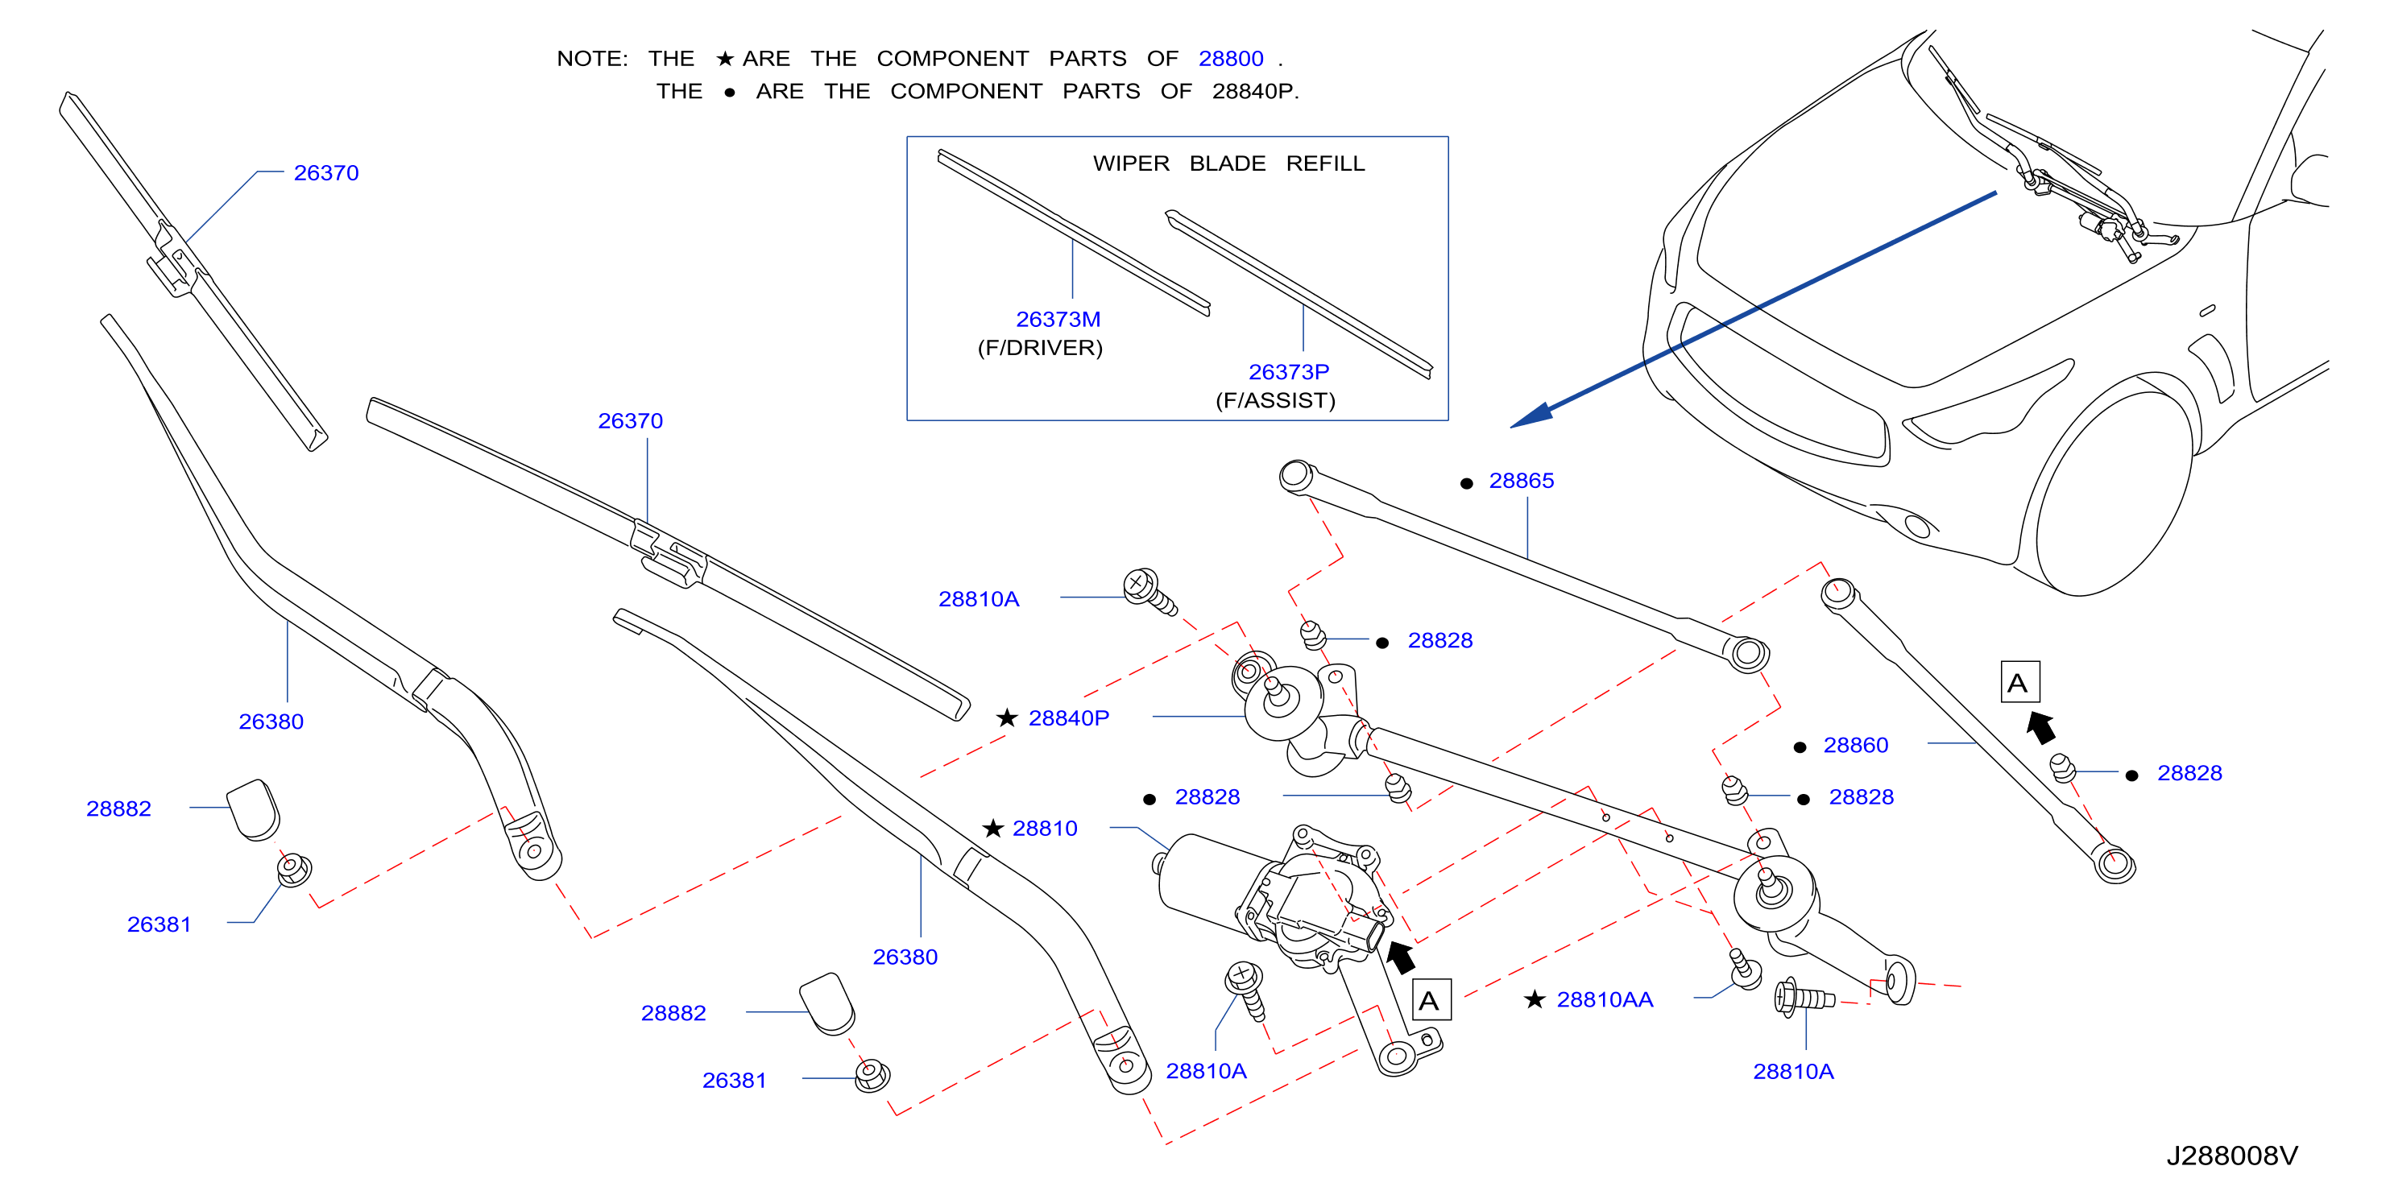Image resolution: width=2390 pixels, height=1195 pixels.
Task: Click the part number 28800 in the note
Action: [1230, 59]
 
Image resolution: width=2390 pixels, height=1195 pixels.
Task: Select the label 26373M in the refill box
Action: [1058, 319]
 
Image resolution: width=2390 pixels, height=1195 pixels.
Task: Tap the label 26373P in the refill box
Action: [1289, 372]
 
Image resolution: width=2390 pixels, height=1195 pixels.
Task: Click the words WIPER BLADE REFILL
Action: [1228, 163]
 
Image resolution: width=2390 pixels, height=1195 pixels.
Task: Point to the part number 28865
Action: [1521, 481]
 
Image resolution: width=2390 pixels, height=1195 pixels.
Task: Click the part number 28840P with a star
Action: [1069, 718]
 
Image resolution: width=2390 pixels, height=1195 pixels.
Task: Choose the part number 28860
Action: [1856, 745]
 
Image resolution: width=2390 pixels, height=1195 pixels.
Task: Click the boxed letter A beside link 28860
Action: [2019, 682]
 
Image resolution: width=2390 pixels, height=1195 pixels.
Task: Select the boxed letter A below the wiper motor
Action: [1431, 999]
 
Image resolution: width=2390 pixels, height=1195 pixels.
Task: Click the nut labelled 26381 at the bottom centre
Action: [872, 1077]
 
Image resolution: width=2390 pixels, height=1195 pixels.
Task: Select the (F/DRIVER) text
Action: [1040, 348]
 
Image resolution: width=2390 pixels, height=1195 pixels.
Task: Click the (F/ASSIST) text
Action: [1276, 401]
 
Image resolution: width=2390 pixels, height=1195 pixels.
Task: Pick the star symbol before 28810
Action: [992, 828]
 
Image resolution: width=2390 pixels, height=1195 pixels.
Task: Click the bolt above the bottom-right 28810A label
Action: [1804, 998]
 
